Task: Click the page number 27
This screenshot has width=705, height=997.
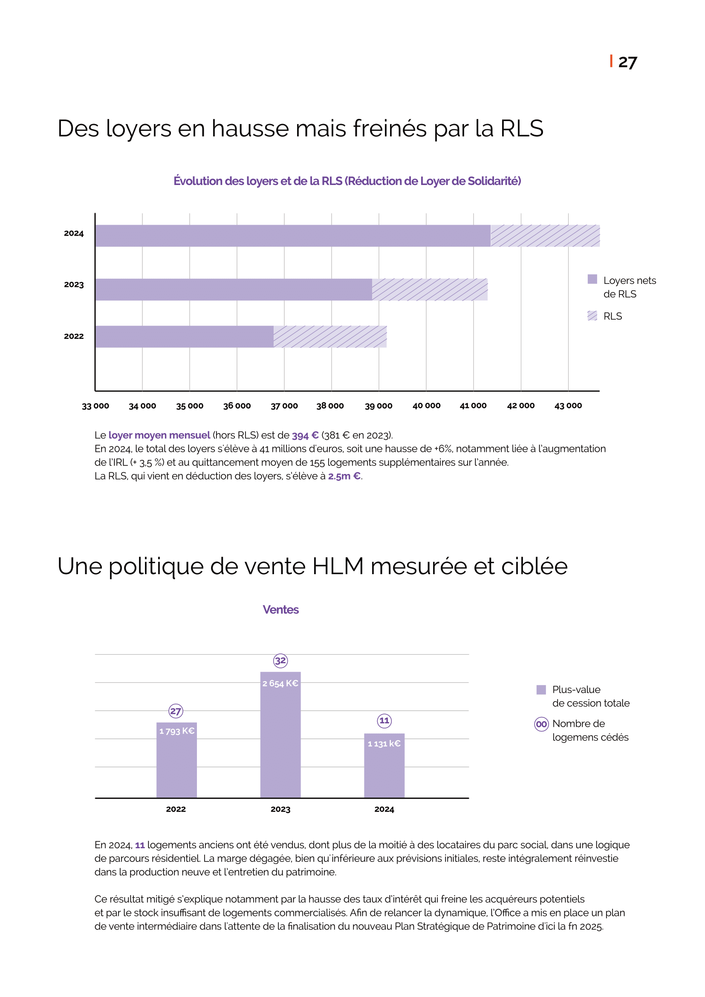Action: pos(627,63)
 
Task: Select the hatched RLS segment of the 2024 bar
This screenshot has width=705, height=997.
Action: pos(545,236)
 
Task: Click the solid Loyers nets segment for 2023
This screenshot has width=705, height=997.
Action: pos(234,289)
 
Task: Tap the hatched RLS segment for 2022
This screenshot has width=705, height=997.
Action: pos(330,337)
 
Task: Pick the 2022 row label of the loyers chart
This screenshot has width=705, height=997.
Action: pos(74,336)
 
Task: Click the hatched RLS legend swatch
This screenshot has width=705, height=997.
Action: pos(592,316)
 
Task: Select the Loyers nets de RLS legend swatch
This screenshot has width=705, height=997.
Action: pos(592,279)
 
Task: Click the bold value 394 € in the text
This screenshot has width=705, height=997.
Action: pos(305,436)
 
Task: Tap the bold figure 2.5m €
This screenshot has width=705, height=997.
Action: pos(344,477)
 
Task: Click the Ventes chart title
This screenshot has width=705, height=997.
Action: pos(280,610)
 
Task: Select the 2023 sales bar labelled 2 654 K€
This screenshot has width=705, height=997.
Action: pos(280,734)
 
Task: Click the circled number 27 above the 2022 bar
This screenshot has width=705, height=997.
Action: pos(176,711)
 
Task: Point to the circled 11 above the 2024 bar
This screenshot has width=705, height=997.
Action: pos(384,721)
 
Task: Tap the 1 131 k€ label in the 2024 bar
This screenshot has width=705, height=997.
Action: pos(384,744)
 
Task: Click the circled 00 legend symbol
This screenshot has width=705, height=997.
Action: pos(541,724)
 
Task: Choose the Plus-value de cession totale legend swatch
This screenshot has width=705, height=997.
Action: pos(541,690)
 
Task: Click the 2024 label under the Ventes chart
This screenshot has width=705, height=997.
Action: pos(384,809)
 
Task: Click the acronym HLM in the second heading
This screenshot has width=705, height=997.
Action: pos(338,566)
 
